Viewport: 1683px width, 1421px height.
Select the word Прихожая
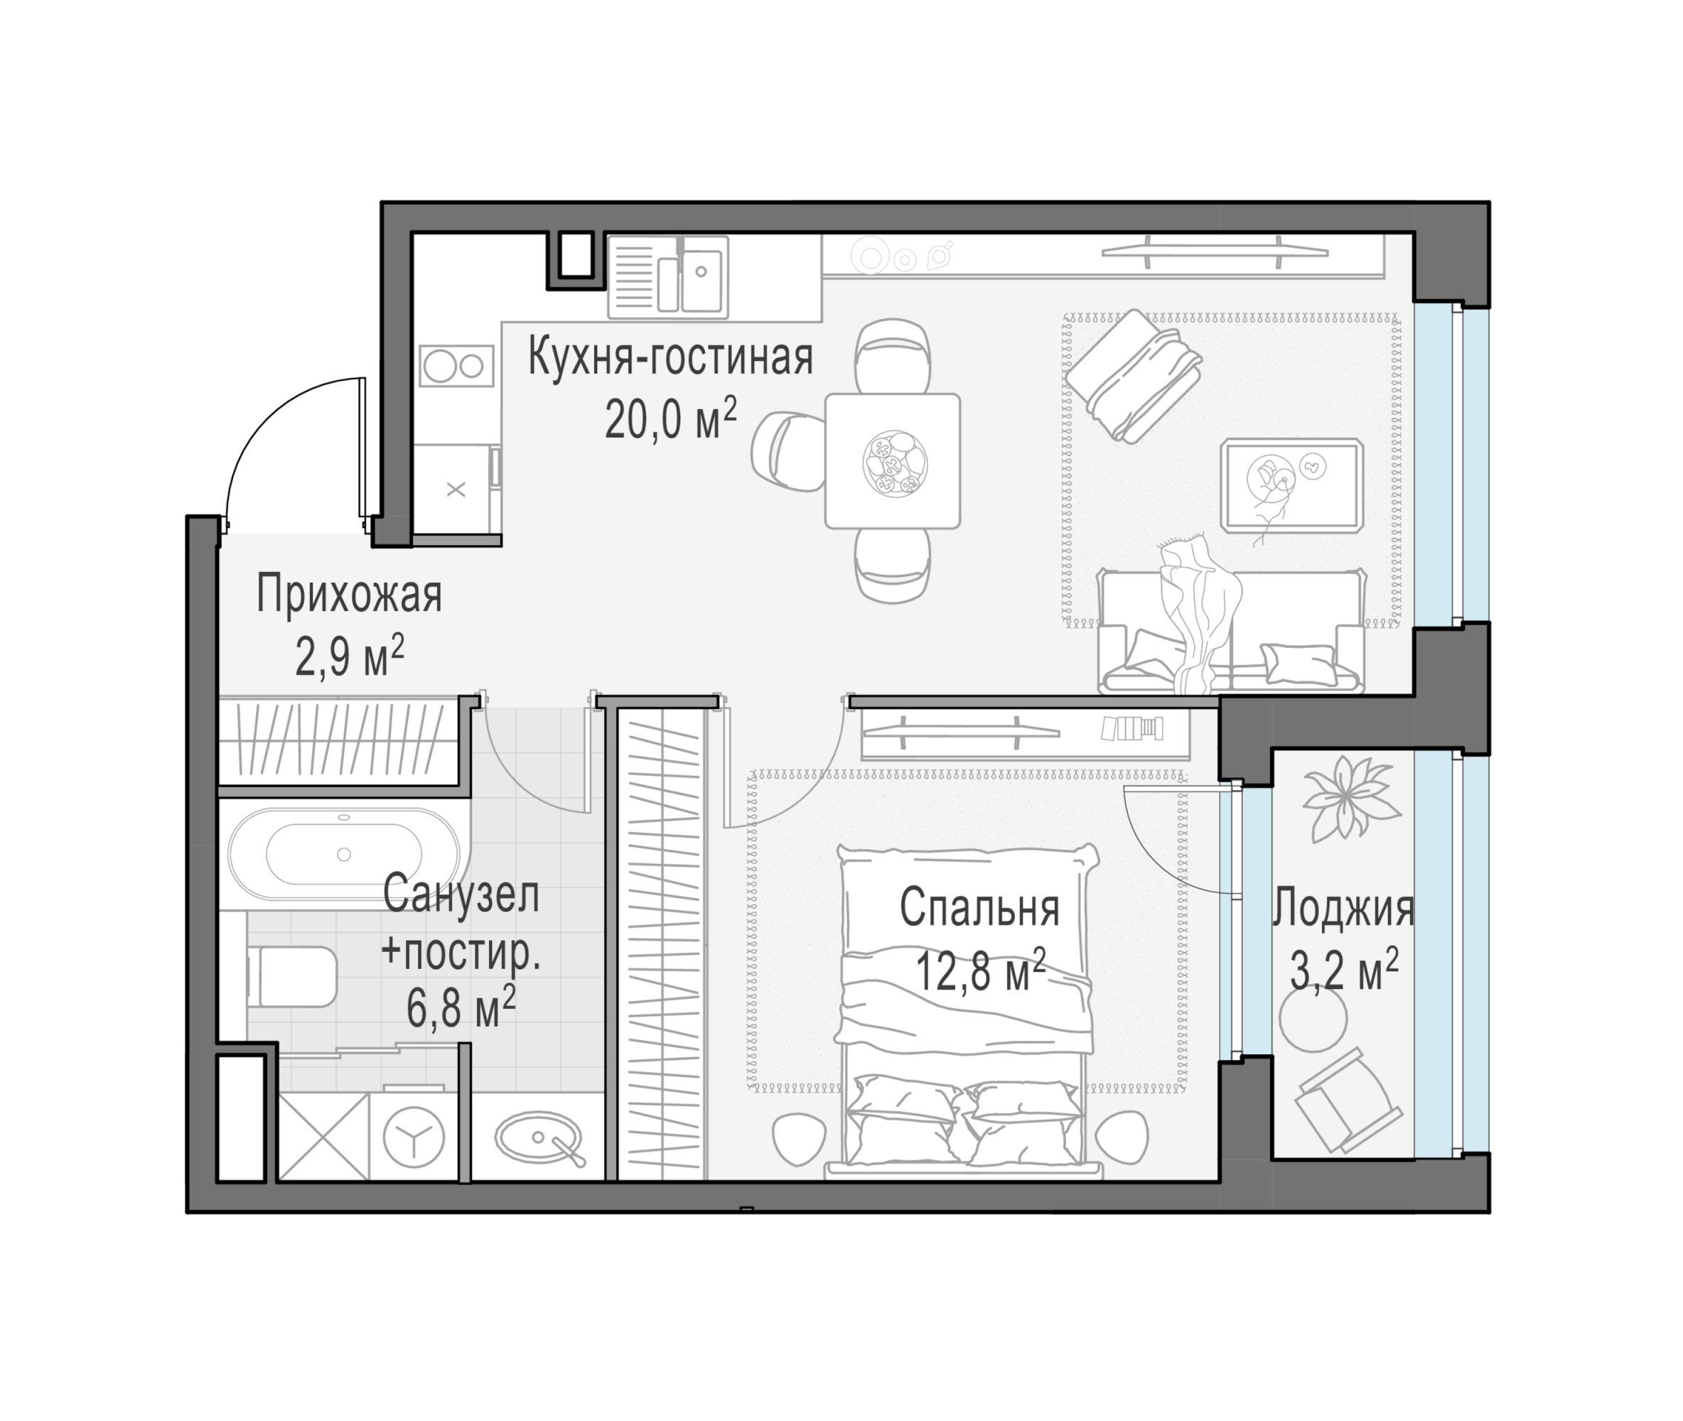[x=349, y=595]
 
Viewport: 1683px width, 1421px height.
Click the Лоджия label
[x=1343, y=908]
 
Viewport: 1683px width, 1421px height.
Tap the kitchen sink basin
[x=701, y=279]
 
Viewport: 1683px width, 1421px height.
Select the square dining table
[x=892, y=461]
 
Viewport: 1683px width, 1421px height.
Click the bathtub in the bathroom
[x=343, y=854]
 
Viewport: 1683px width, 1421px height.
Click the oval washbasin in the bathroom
[x=538, y=1138]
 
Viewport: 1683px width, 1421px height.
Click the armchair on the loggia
[x=1347, y=1101]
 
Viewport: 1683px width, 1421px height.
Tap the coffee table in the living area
[x=1291, y=486]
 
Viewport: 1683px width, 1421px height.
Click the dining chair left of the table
[x=787, y=451]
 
